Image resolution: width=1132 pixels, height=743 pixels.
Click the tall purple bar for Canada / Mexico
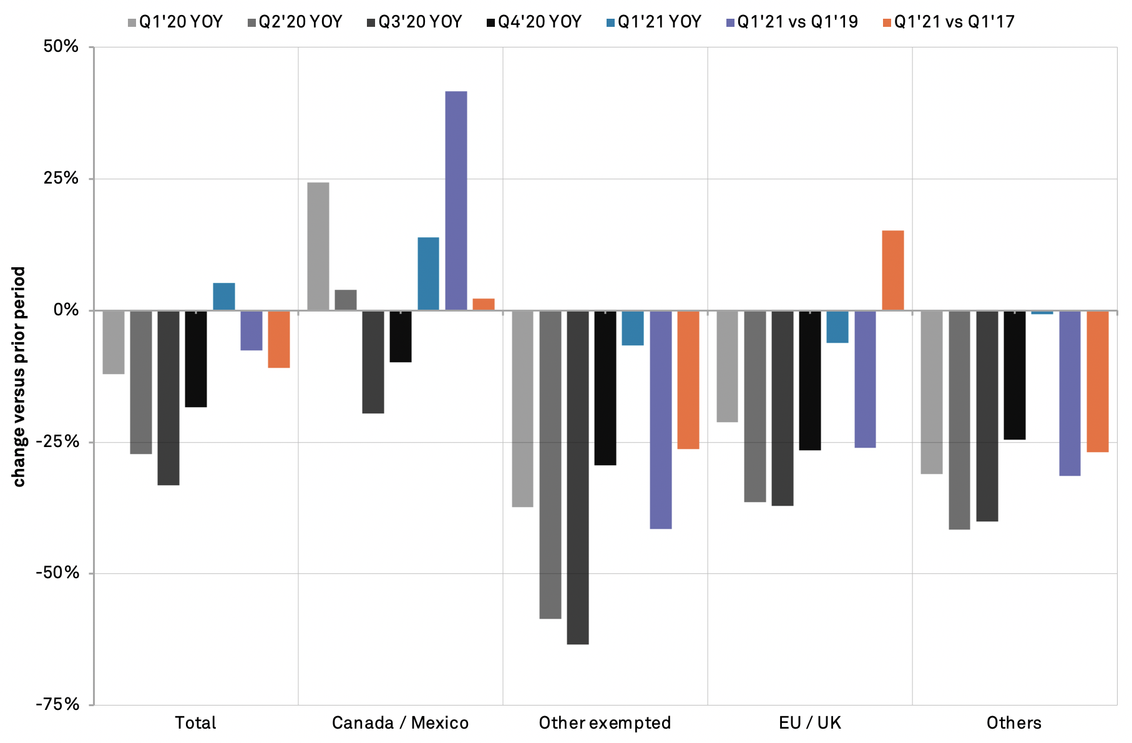(456, 200)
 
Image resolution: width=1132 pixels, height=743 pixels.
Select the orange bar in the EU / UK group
(892, 270)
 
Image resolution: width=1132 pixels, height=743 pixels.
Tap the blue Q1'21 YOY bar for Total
(224, 297)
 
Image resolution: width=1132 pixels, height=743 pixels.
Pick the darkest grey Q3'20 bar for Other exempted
(578, 477)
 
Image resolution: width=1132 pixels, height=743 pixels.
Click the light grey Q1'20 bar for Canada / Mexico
(318, 246)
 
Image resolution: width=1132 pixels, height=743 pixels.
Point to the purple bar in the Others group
(1070, 393)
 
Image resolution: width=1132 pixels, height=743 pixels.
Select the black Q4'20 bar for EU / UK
(810, 380)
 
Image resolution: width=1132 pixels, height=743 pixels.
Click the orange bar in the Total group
(279, 339)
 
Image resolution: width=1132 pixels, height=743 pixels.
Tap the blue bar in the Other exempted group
(633, 328)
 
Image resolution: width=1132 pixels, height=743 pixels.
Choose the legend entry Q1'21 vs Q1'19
(793, 22)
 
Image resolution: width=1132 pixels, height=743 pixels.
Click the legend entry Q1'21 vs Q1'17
(949, 22)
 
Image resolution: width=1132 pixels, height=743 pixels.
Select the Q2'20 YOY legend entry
(295, 22)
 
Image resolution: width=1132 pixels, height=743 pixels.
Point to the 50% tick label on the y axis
(61, 47)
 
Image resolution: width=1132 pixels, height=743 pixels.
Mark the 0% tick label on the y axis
(66, 310)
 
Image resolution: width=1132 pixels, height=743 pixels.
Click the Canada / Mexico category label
(400, 723)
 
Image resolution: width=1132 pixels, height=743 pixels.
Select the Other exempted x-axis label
(605, 723)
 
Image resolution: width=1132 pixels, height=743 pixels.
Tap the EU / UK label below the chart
(810, 723)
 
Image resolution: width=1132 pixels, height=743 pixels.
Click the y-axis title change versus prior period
(19, 376)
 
